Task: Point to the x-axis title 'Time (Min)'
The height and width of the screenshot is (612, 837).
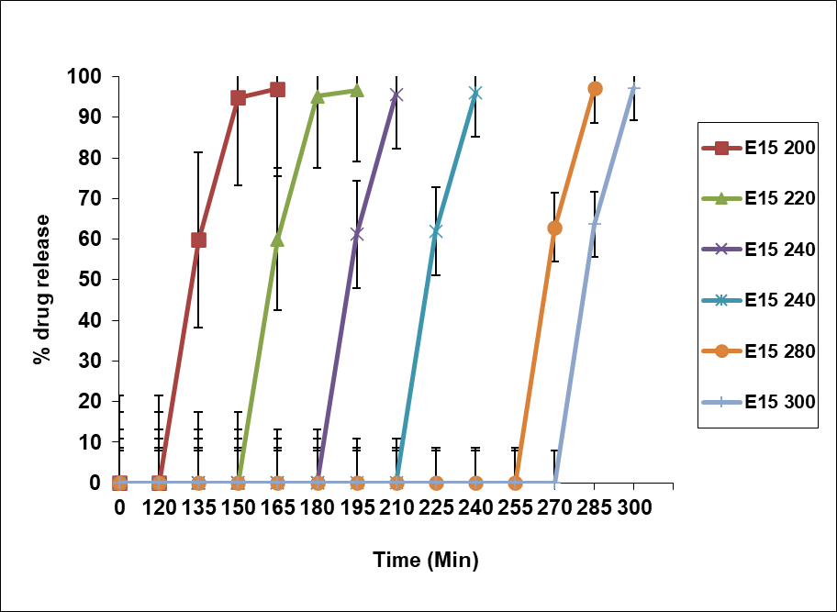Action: (x=426, y=559)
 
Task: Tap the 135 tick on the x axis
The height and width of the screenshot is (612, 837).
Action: (x=198, y=507)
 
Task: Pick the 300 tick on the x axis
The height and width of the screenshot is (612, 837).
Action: (x=633, y=507)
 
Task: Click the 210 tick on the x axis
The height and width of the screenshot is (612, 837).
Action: (x=396, y=507)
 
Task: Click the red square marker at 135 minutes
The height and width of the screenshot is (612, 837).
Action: (x=198, y=239)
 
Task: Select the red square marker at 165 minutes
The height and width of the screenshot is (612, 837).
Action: (x=277, y=89)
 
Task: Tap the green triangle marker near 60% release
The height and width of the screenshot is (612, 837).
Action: (x=277, y=239)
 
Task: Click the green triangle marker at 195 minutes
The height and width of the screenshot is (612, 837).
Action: (x=357, y=90)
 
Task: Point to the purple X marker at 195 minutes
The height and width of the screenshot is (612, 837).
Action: (x=357, y=234)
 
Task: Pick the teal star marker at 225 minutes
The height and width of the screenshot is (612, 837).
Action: (x=436, y=231)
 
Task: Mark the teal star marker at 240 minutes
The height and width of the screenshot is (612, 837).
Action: (x=475, y=93)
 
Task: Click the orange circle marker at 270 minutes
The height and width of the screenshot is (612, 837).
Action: (x=554, y=228)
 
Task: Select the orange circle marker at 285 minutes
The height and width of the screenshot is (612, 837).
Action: (x=594, y=89)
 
